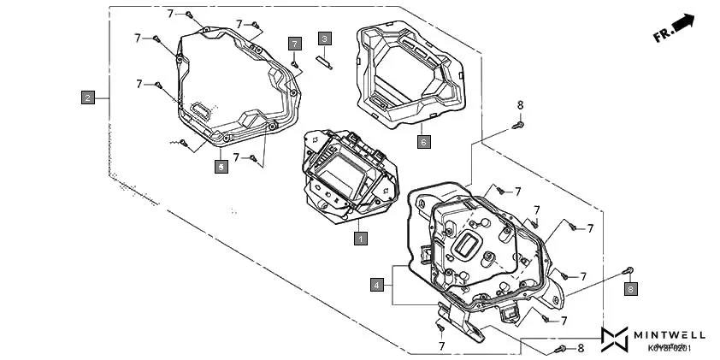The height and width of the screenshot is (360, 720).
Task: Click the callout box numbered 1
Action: click(x=361, y=239)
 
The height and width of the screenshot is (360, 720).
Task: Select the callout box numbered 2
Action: click(x=88, y=97)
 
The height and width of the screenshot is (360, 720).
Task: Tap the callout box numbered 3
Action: click(x=324, y=38)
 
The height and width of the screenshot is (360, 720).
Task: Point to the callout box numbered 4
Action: click(x=376, y=285)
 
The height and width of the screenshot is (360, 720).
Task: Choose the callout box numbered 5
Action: click(x=221, y=168)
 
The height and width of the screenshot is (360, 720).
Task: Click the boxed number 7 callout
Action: click(x=294, y=43)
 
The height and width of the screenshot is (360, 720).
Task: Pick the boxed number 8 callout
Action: click(x=631, y=289)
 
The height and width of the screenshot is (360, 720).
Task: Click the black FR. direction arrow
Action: click(x=682, y=22)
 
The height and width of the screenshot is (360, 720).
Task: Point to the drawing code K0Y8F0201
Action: click(x=670, y=348)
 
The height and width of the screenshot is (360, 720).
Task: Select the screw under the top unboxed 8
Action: click(x=517, y=126)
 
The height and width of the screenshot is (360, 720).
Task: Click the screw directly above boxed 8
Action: click(x=629, y=271)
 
